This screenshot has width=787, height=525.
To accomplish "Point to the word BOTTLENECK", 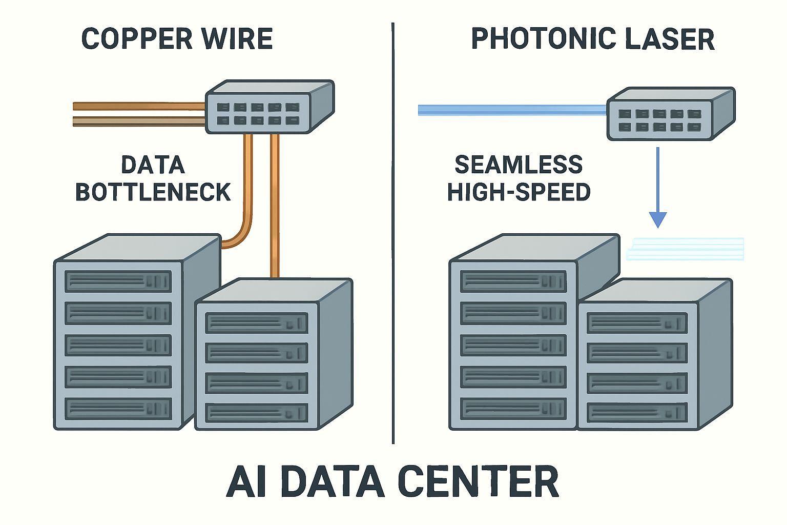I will [153, 192].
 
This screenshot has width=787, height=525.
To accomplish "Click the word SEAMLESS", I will [519, 165].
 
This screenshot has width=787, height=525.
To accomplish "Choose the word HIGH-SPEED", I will [519, 192].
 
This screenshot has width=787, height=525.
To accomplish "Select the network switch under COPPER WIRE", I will [269, 108].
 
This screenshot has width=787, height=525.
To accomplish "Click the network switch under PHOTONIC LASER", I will [670, 114].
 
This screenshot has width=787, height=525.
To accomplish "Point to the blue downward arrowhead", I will [657, 219].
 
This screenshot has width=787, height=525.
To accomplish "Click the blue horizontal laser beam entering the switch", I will [512, 110].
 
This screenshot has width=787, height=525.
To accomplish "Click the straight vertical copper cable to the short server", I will [275, 205].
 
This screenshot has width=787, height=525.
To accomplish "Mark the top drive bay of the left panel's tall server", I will [118, 281].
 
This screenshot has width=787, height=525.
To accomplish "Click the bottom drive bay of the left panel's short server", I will [256, 413].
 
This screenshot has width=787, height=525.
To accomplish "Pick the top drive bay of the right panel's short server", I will [637, 323].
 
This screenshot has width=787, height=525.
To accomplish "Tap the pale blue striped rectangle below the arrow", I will [686, 249].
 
